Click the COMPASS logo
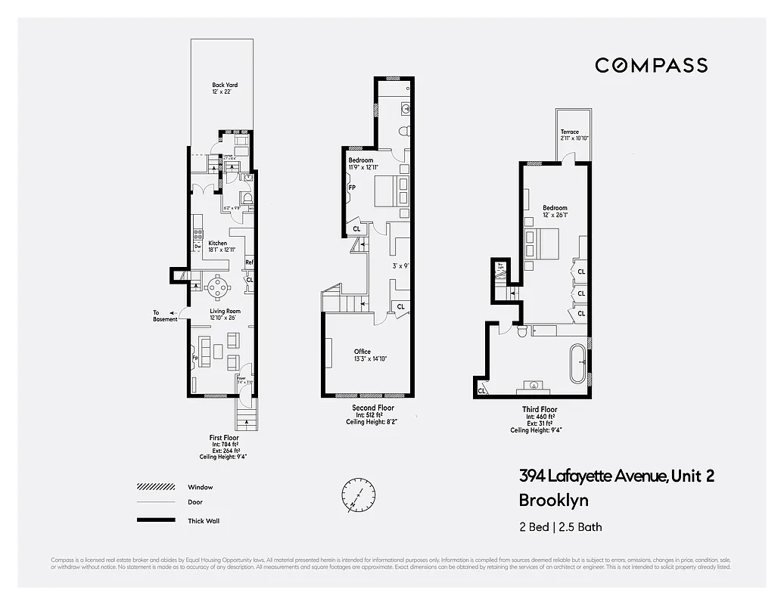(651, 65)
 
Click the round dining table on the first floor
(219, 286)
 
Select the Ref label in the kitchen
(248, 263)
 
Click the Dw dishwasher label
(197, 247)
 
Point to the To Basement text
(165, 315)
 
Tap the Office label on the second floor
(362, 352)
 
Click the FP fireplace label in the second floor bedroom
(352, 188)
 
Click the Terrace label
(570, 132)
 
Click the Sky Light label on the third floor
(500, 265)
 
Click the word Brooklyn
(553, 500)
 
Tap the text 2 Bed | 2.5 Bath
(561, 527)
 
